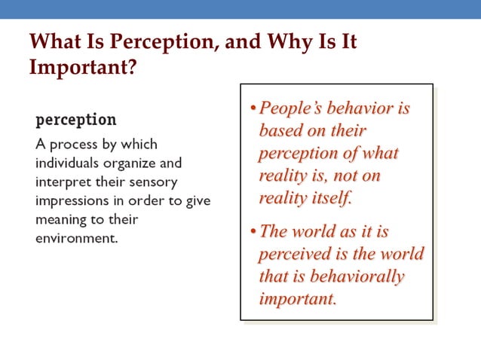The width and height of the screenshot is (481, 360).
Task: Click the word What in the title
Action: (54, 41)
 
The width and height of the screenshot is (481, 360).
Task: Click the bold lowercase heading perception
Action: (76, 120)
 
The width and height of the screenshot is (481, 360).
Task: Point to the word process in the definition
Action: (79, 144)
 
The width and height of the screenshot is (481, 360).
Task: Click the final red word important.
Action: (296, 299)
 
